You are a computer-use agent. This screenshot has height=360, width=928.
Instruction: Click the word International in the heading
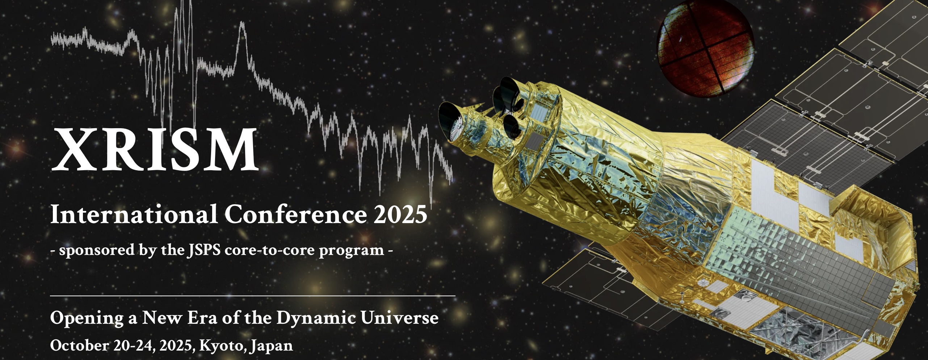click(x=134, y=214)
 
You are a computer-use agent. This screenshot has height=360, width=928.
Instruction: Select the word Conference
click(x=296, y=214)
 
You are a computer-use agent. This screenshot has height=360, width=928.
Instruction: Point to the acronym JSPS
click(x=204, y=250)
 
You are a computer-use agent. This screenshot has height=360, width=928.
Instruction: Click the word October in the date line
click(x=79, y=345)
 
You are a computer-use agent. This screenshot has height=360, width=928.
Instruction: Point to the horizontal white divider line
click(x=253, y=296)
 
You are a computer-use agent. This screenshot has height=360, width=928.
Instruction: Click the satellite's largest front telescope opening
click(x=449, y=121)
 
